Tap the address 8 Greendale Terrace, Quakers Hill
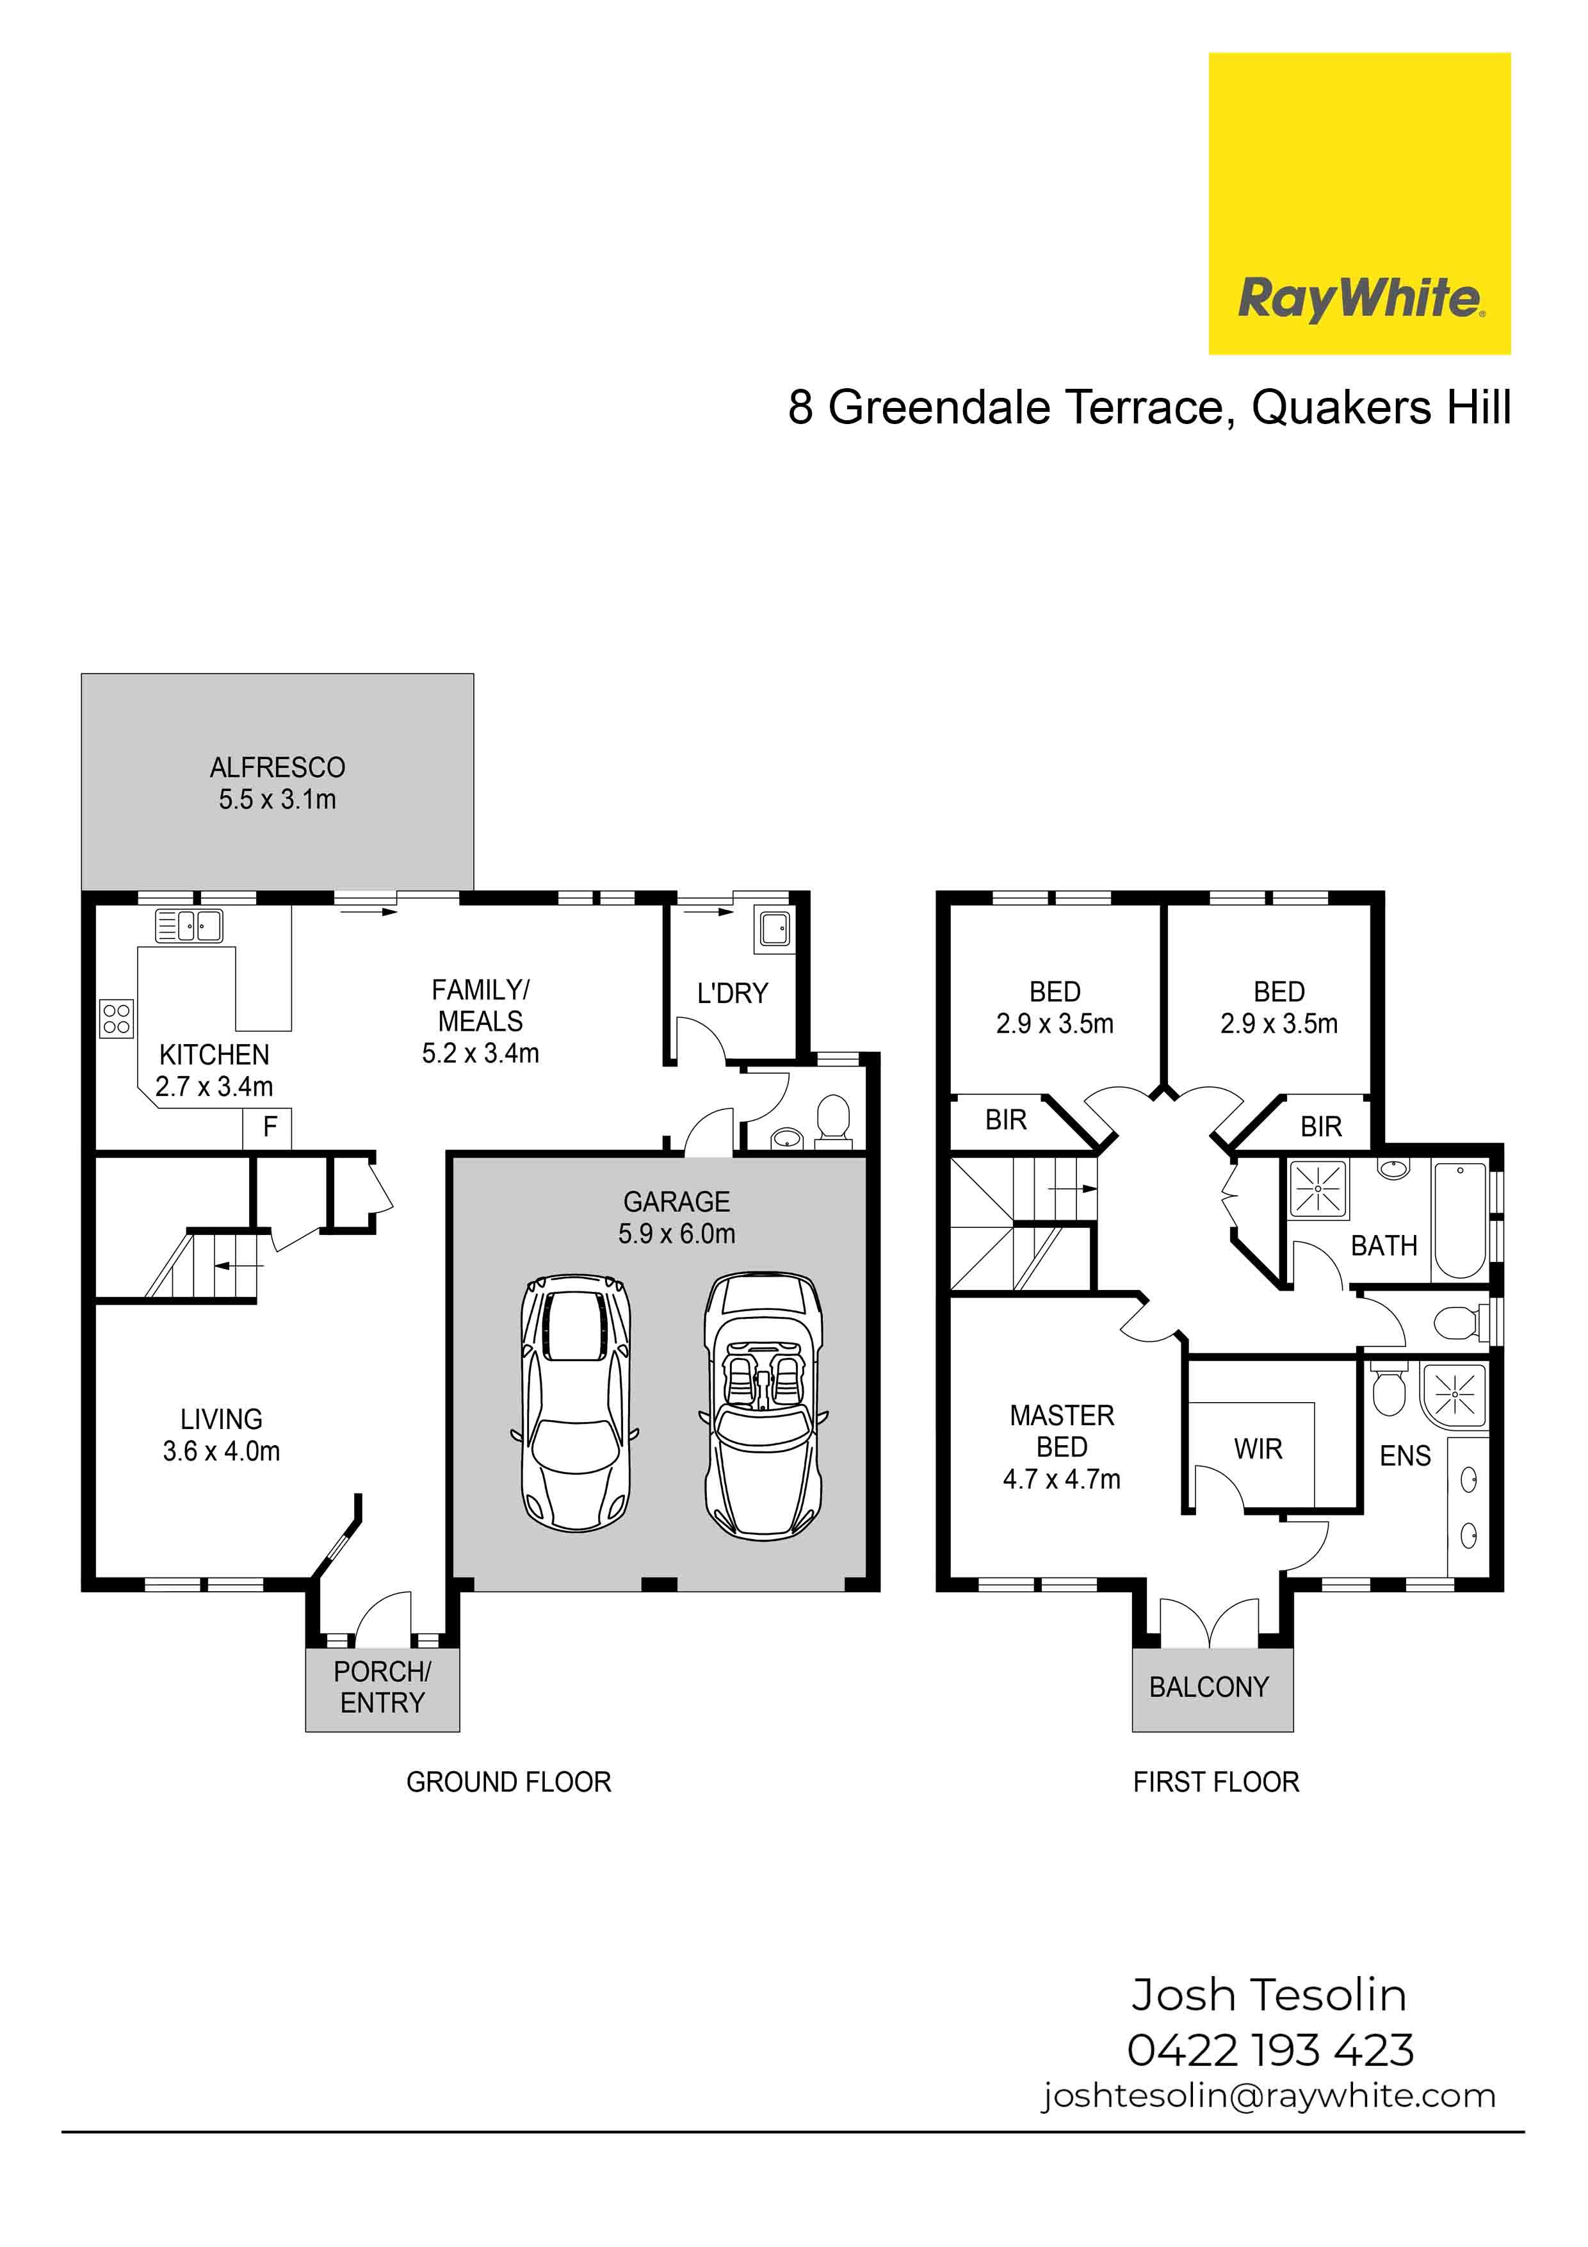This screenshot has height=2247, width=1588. (1149, 407)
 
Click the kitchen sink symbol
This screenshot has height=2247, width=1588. (190, 926)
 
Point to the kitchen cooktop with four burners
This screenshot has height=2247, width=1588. (117, 1018)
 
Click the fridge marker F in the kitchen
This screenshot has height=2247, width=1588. (270, 1127)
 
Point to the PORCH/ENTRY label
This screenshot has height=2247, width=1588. (382, 1687)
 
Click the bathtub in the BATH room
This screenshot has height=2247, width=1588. (1460, 1218)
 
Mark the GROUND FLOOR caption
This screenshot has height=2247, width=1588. (509, 1782)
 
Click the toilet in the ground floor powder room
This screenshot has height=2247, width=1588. (834, 1118)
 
